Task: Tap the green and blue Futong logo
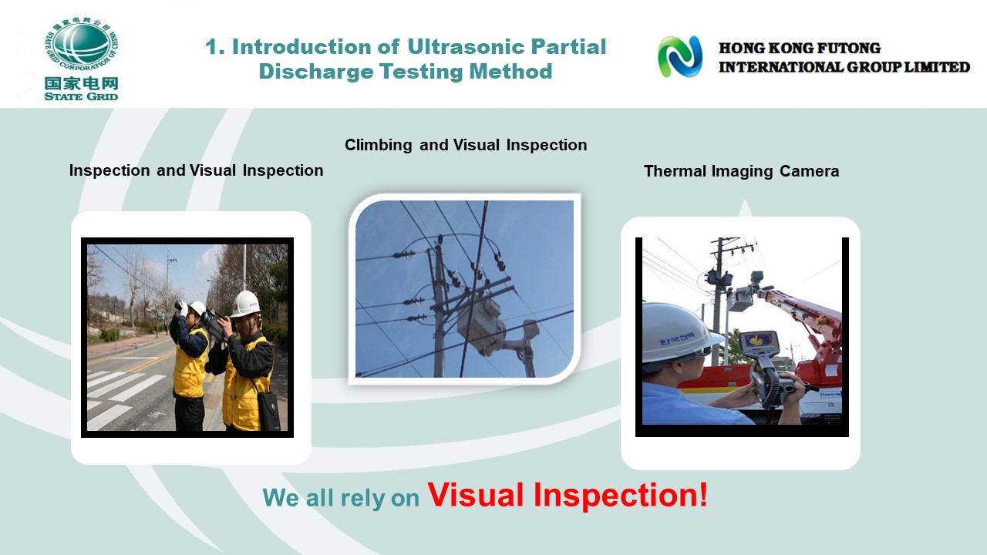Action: (680, 57)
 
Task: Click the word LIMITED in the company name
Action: (937, 67)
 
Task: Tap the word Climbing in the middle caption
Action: (378, 145)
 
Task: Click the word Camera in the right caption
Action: (809, 171)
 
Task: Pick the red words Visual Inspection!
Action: (568, 495)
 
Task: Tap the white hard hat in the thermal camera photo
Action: (681, 332)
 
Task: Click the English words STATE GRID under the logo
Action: (81, 96)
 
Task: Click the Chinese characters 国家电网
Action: (82, 82)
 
